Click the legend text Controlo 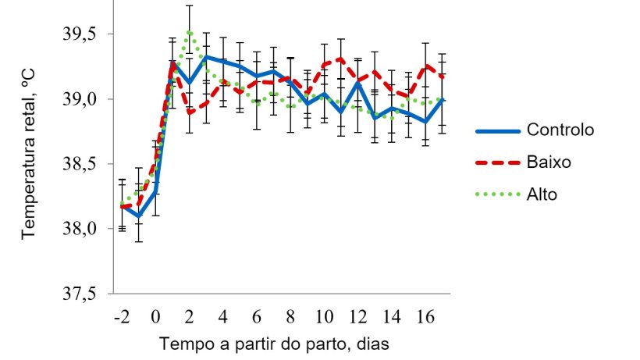pyautogui.click(x=560, y=130)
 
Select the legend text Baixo pyautogui.click(x=549, y=162)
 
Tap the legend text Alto pyautogui.click(x=542, y=194)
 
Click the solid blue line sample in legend pyautogui.click(x=496, y=130)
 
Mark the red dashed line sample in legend pyautogui.click(x=496, y=162)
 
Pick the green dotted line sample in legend pyautogui.click(x=496, y=194)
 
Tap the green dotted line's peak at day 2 pyautogui.click(x=189, y=32)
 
